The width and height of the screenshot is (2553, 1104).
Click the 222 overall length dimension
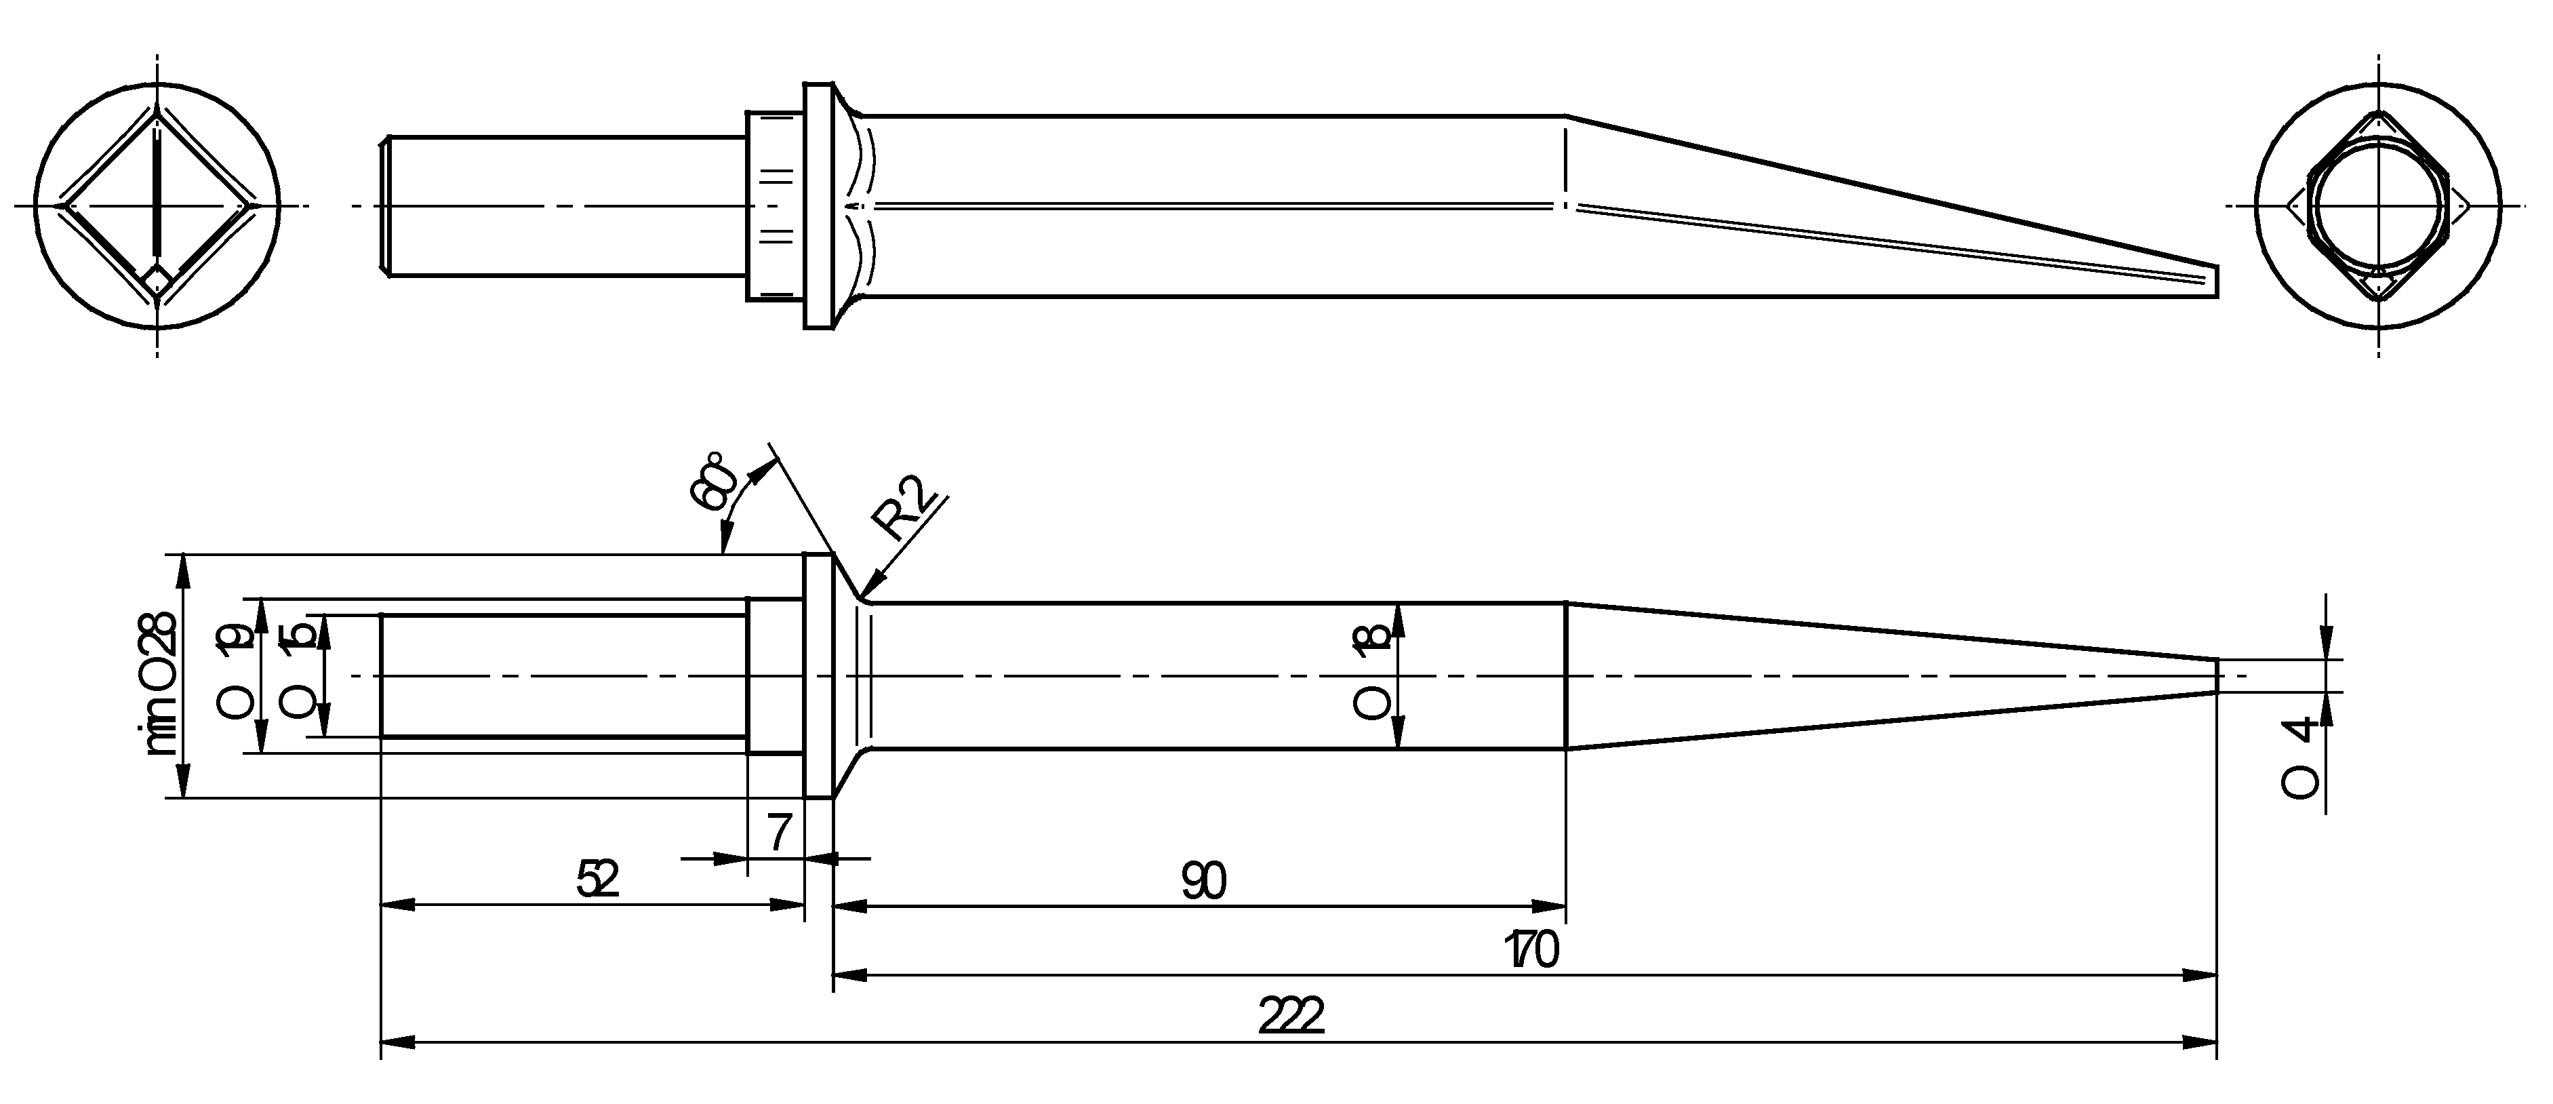point(1291,1017)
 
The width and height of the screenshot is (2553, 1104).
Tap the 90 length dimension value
point(1204,881)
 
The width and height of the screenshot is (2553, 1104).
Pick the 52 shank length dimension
point(598,879)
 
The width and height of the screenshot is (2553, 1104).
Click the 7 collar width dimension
point(779,833)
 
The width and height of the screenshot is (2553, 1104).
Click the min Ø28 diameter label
point(161,684)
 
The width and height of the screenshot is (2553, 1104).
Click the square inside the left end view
point(157,206)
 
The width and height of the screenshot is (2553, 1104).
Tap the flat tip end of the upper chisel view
point(2216,281)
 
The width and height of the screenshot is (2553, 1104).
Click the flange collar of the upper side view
point(818,206)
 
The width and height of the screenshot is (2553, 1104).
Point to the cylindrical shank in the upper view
point(565,206)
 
